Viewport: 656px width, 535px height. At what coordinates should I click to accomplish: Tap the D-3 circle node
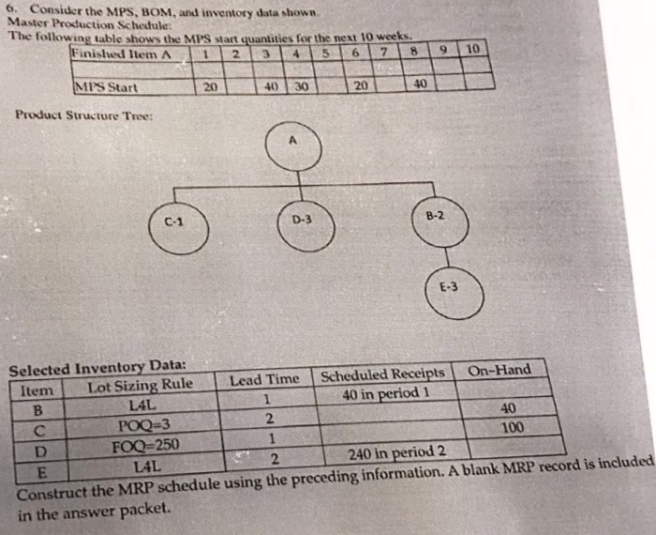pyautogui.click(x=299, y=222)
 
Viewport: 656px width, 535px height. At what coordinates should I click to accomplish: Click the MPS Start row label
pyautogui.click(x=107, y=88)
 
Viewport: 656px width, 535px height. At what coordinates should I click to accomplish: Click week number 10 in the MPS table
pyautogui.click(x=472, y=47)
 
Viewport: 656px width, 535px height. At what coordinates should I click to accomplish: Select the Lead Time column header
pyautogui.click(x=264, y=379)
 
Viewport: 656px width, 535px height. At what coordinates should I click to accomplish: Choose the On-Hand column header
pyautogui.click(x=499, y=371)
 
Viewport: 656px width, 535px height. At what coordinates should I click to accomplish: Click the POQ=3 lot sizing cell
pyautogui.click(x=142, y=425)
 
